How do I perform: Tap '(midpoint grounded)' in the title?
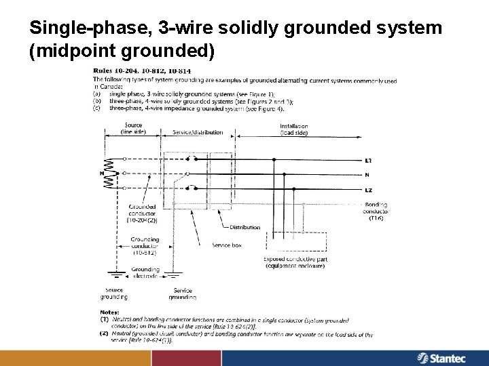(123, 51)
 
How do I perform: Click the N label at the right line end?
(367, 175)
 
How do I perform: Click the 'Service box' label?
(226, 244)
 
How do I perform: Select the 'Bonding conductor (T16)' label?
(376, 211)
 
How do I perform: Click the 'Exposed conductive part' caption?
(295, 262)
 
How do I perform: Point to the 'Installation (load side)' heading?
(293, 129)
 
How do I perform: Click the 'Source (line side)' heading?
(132, 129)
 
